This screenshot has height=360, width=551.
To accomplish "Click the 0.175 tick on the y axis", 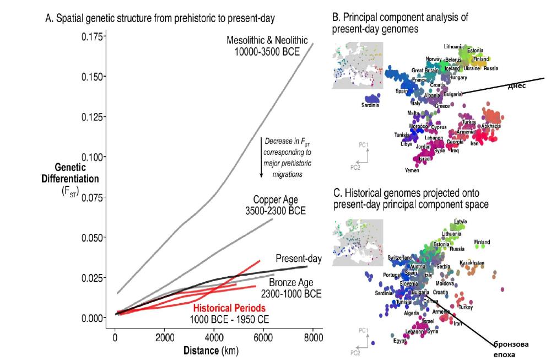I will click(x=91, y=36).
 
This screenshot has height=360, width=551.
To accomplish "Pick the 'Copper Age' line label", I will click(x=279, y=205).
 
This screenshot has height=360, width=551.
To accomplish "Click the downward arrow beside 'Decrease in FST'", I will click(x=261, y=157).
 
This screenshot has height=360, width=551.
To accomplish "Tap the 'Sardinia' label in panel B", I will click(x=370, y=105).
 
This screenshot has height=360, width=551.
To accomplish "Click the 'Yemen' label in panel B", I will click(x=412, y=170).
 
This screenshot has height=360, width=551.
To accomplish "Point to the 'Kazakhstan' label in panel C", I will click(x=472, y=263).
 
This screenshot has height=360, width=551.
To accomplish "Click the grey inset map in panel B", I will click(x=358, y=65).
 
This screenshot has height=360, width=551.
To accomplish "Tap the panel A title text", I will click(x=160, y=18).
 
